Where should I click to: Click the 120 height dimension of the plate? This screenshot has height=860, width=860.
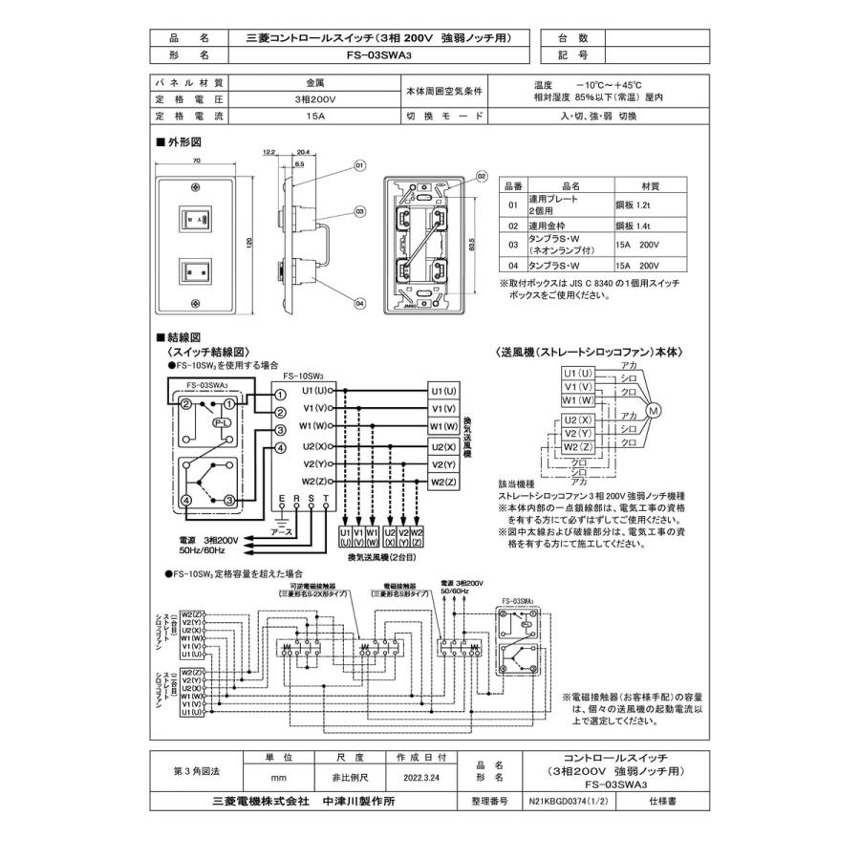point(249,243)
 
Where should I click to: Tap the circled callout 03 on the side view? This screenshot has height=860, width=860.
point(360,211)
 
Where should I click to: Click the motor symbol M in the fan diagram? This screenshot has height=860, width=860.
point(655,412)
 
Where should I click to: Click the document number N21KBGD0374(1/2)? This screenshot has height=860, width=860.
point(565,803)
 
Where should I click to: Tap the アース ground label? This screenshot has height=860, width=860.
point(282,531)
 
